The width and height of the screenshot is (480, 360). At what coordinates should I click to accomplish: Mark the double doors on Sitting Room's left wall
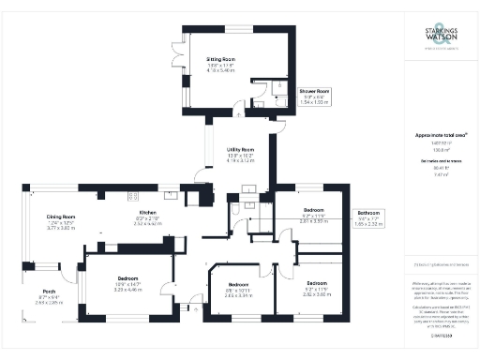[175, 59]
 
